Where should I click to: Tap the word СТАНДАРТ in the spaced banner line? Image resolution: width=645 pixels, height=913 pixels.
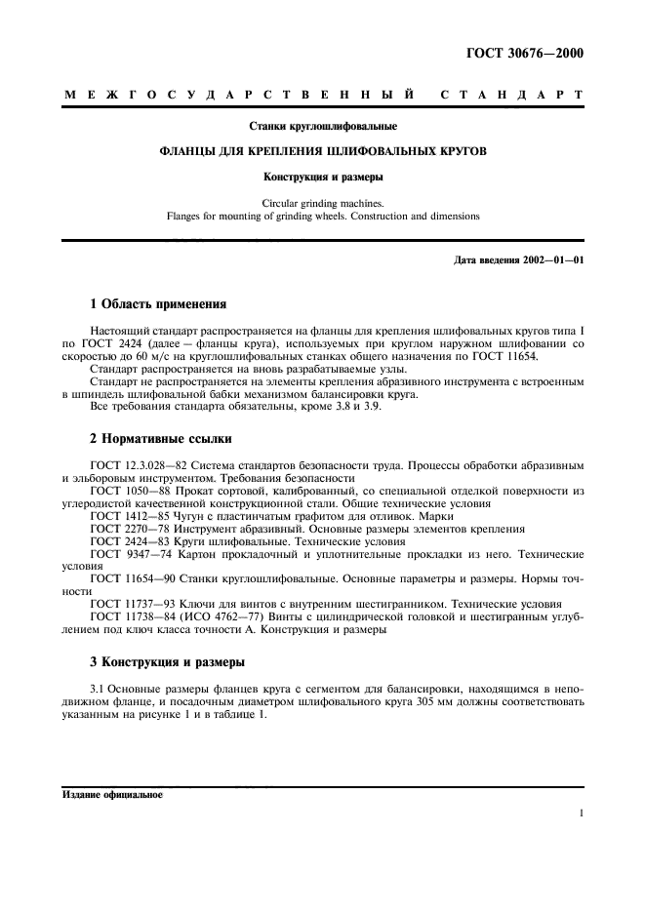tap(511, 96)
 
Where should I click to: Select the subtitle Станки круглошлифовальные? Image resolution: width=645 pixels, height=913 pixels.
tap(323, 127)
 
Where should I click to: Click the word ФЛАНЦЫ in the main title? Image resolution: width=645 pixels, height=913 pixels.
tap(191, 152)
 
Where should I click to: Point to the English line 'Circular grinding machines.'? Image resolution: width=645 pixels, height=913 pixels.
tap(323, 203)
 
